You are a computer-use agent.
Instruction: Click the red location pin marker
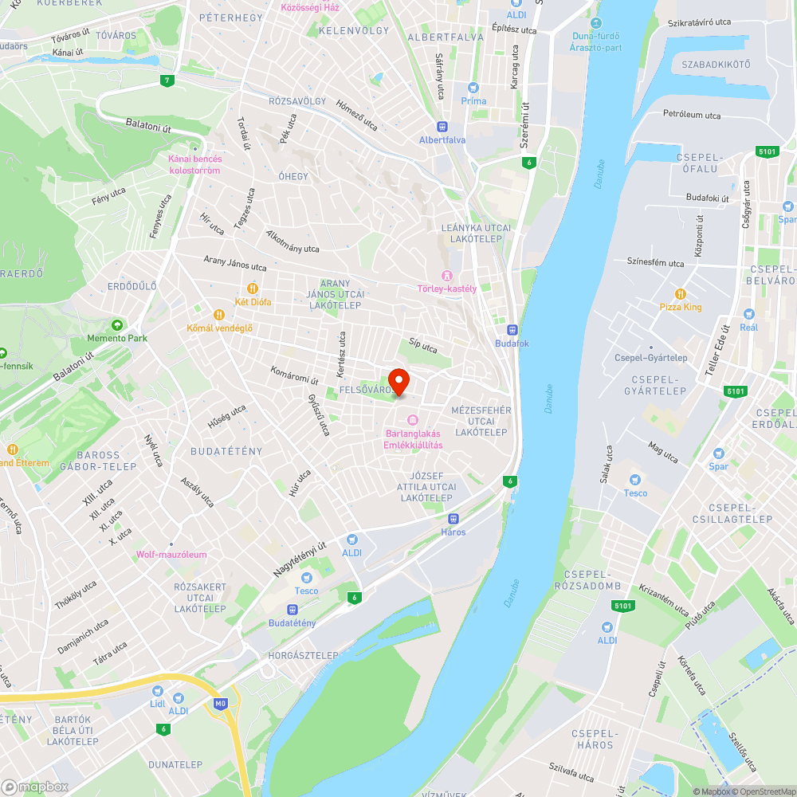pyautogui.click(x=398, y=382)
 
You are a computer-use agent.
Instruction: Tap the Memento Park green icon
pyautogui.click(x=117, y=324)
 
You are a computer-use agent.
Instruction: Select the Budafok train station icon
pyautogui.click(x=512, y=330)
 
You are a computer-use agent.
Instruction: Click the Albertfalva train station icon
pyautogui.click(x=442, y=126)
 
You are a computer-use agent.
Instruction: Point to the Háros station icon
pyautogui.click(x=453, y=519)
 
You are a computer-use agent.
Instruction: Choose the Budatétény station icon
pyautogui.click(x=292, y=610)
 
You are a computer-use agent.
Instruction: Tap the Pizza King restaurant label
pyautogui.click(x=681, y=307)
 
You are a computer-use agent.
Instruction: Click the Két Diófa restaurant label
pyautogui.click(x=253, y=302)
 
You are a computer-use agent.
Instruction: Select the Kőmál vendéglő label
pyautogui.click(x=219, y=328)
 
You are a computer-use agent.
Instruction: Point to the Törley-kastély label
pyautogui.click(x=447, y=289)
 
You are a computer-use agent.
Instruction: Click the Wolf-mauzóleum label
pyautogui.click(x=171, y=555)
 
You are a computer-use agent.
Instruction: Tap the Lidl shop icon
pyautogui.click(x=157, y=691)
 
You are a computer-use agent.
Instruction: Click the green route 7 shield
pyautogui.click(x=167, y=80)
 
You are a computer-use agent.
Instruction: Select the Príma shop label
pyautogui.click(x=473, y=100)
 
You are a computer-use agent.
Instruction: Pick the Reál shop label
pyautogui.click(x=748, y=327)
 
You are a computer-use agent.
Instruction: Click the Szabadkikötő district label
pyautogui.click(x=711, y=65)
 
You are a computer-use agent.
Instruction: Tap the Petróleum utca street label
pyautogui.click(x=692, y=115)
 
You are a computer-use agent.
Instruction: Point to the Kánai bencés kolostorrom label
pyautogui.click(x=194, y=164)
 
